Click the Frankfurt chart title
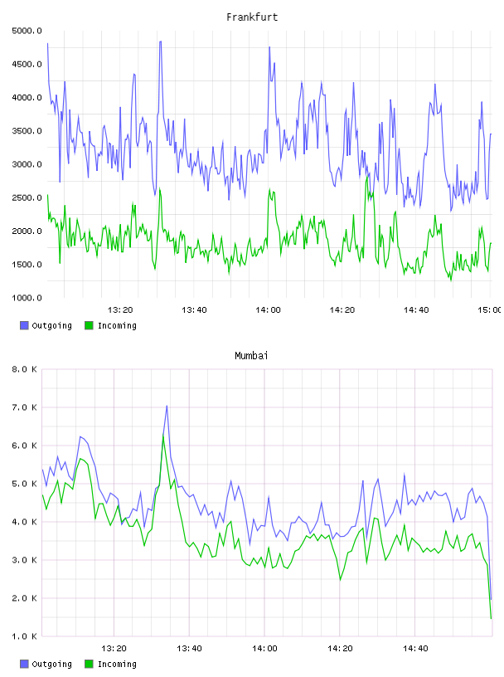coord(252,17)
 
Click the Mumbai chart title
coord(251,355)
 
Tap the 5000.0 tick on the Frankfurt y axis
coord(27,31)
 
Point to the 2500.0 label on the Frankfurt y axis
coord(27,197)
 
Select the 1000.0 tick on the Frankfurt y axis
coord(27,298)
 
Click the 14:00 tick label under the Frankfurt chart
coord(268,309)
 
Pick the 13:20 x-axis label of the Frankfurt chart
coord(120,309)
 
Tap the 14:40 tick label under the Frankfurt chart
coord(416,309)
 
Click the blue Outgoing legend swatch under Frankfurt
coord(24,325)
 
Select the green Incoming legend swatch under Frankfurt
coord(89,325)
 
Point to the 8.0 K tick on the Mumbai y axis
coord(24,369)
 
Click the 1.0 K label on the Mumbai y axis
coord(24,636)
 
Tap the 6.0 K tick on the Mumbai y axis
coord(24,446)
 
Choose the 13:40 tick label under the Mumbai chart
coord(189,648)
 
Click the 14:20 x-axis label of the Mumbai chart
coord(340,648)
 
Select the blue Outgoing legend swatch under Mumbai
coord(24,664)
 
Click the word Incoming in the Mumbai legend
coord(117,664)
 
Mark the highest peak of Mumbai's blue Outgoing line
coord(167,406)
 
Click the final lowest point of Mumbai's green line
coord(491,618)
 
